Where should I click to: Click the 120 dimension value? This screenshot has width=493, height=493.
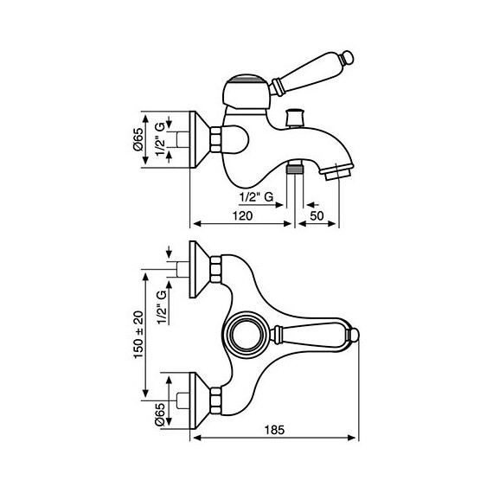click(242, 215)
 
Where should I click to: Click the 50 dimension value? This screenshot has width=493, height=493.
click(317, 215)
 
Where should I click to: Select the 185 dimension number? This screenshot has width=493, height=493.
click(274, 430)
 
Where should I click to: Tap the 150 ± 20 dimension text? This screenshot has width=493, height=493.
click(138, 335)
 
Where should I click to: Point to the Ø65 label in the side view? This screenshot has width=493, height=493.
click(138, 139)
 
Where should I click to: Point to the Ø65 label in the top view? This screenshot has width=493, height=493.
click(160, 415)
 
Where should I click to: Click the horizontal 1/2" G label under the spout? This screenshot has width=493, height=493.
click(256, 197)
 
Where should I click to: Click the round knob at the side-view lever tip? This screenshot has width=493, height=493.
click(348, 58)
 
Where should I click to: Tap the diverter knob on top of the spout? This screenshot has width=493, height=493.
click(295, 118)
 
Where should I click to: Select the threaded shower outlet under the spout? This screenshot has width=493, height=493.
click(295, 168)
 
